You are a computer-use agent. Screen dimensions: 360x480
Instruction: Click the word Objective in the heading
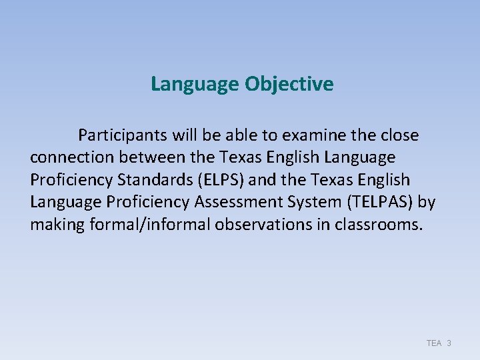[x=289, y=85]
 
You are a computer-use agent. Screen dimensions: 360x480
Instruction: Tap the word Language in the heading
[x=194, y=85]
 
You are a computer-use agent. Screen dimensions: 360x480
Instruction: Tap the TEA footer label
[x=434, y=343]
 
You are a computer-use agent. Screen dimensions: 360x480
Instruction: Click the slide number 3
[x=449, y=343]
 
